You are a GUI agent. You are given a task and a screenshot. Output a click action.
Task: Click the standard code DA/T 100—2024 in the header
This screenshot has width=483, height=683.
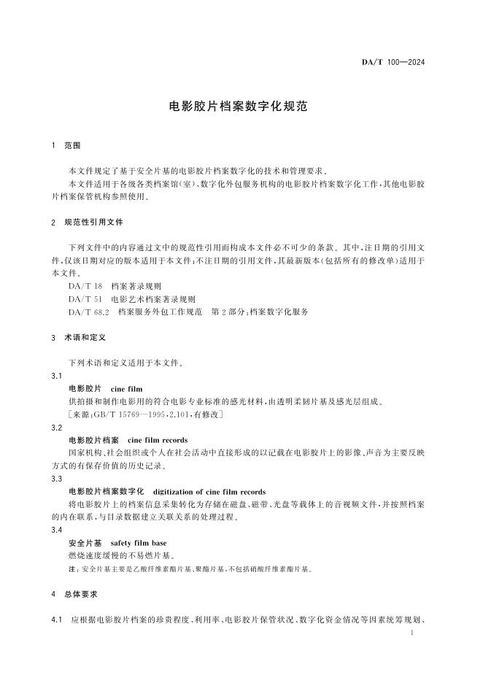click(x=393, y=62)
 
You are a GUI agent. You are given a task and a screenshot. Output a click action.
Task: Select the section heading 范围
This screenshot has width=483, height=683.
click(x=72, y=146)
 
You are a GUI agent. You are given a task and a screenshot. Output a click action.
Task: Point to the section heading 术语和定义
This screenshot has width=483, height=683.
click(x=87, y=339)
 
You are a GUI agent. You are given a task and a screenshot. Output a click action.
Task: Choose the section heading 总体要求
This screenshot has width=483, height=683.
click(x=82, y=594)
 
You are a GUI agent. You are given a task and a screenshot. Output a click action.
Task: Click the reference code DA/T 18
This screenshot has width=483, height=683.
click(x=84, y=287)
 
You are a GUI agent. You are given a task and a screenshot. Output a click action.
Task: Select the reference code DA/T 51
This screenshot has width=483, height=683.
click(x=84, y=299)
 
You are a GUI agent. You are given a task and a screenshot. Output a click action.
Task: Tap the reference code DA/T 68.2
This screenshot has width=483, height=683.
click(x=88, y=312)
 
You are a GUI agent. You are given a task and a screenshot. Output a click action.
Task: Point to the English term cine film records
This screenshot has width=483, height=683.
click(x=158, y=440)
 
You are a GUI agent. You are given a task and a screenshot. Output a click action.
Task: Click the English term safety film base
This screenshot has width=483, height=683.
click(x=140, y=543)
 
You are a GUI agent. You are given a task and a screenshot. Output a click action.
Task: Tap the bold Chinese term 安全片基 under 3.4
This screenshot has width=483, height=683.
click(x=83, y=543)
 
